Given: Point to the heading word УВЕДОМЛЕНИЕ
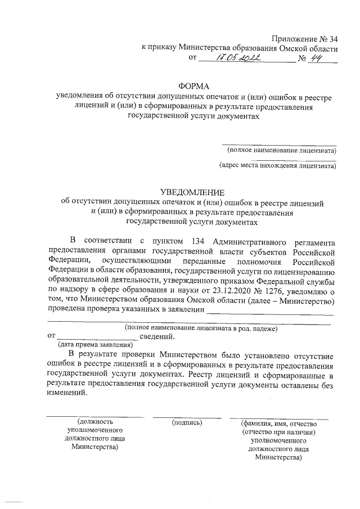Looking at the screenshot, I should (194, 191).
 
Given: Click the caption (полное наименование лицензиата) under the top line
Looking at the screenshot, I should (281, 150).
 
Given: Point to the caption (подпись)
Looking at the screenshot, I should (188, 422).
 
